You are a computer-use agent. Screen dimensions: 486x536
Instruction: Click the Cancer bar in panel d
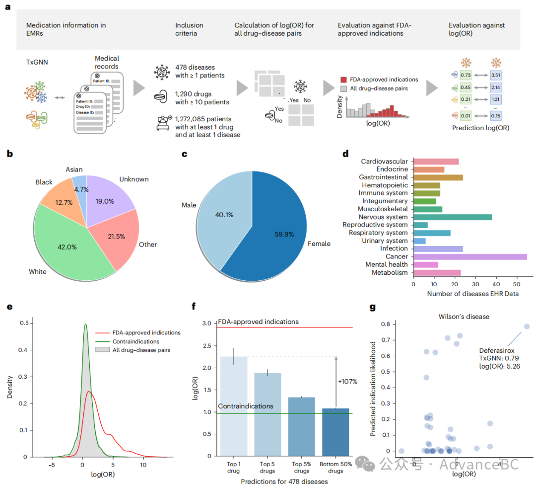click(x=469, y=256)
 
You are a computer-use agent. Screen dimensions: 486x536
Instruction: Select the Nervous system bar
click(x=452, y=217)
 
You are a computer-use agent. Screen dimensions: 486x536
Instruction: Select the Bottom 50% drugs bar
click(x=335, y=432)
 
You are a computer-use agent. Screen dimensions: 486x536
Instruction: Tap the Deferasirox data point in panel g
click(x=527, y=326)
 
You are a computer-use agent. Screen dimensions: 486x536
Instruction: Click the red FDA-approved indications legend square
click(x=343, y=80)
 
